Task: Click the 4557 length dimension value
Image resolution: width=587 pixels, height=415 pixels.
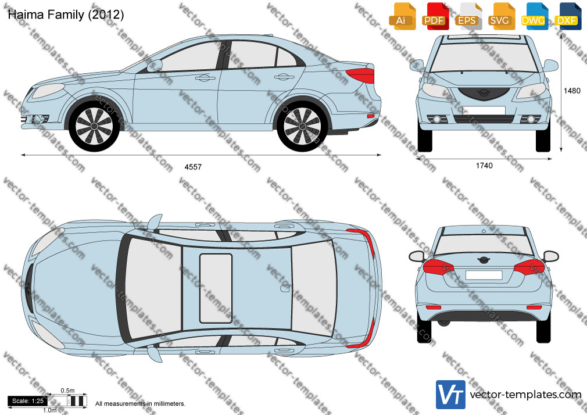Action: pos(193,167)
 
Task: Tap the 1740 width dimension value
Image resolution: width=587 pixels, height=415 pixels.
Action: pos(484,166)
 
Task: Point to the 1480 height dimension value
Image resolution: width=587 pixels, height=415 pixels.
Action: pos(572,91)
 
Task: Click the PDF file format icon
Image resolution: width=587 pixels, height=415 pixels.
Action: pos(434,17)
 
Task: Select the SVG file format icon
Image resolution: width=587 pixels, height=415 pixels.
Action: pos(500,17)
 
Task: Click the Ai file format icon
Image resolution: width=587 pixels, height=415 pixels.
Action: pos(402,17)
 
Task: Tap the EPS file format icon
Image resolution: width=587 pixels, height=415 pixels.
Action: pos(467,17)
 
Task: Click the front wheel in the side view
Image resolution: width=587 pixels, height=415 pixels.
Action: pos(94,126)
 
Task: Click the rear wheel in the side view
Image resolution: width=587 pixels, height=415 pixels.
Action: pos(302,126)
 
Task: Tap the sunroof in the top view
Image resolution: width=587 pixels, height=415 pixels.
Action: pos(216,288)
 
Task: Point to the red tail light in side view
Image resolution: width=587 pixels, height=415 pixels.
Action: pos(361,76)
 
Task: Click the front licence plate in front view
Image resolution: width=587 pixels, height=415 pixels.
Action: pos(484,110)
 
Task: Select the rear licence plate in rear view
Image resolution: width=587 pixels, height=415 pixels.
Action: pos(484,276)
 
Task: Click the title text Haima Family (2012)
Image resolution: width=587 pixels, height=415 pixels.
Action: pos(66,15)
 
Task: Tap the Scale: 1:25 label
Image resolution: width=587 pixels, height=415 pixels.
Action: pos(28,401)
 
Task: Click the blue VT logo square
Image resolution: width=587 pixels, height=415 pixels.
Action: pos(450,395)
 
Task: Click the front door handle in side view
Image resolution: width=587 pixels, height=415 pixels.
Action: pos(202,78)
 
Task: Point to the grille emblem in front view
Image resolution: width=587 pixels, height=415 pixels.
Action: pos(484,92)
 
